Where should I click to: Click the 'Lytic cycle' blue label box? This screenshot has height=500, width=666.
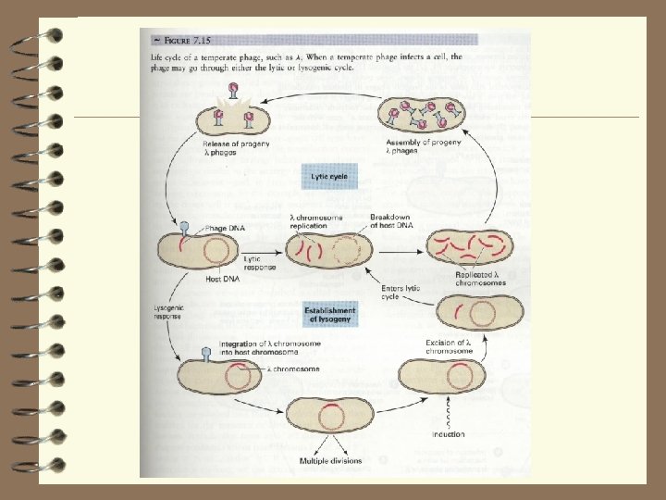tap(329, 174)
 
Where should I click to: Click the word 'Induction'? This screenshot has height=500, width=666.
tap(448, 434)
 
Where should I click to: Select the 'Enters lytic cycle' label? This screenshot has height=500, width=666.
tap(401, 293)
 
